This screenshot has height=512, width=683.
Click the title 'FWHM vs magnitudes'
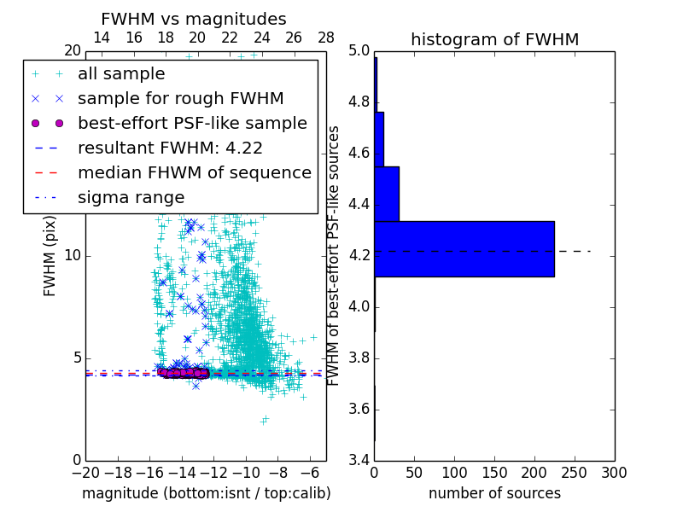click(x=194, y=19)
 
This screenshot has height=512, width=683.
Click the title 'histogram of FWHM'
click(x=494, y=39)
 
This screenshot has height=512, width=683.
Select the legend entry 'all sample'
click(x=121, y=74)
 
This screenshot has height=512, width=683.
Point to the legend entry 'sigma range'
click(x=131, y=197)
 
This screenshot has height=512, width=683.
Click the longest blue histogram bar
click(x=464, y=248)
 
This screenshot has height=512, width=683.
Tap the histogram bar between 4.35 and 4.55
click(x=387, y=194)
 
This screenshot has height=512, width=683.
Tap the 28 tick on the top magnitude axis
click(x=326, y=38)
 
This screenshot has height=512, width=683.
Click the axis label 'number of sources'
click(x=494, y=493)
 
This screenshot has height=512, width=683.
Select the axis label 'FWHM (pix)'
click(x=50, y=255)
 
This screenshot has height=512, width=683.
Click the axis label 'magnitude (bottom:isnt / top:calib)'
click(x=206, y=493)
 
